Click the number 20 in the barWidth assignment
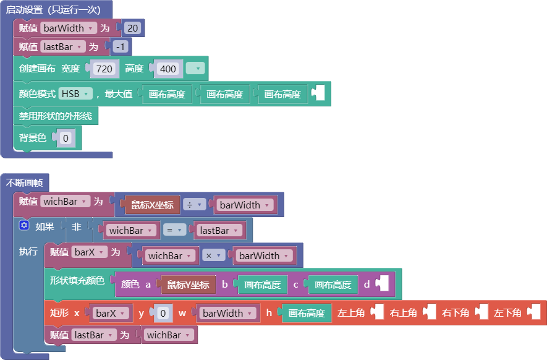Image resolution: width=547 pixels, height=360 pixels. (x=132, y=28)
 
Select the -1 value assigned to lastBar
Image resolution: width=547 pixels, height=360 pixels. (x=120, y=47)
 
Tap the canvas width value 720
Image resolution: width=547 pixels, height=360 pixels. (x=104, y=69)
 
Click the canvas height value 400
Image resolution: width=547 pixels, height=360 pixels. (x=167, y=69)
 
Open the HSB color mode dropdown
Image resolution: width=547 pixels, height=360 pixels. (x=75, y=93)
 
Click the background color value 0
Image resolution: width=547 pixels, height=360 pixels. (x=66, y=139)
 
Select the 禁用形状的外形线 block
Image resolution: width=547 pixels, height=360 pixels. (x=56, y=116)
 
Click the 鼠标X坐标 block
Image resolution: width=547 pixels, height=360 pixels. (x=152, y=205)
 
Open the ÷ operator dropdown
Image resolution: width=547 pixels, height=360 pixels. (x=194, y=205)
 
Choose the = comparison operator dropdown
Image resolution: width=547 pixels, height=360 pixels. (x=174, y=230)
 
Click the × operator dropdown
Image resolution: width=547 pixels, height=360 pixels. (x=213, y=255)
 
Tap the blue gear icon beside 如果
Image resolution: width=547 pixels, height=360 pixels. (x=23, y=225)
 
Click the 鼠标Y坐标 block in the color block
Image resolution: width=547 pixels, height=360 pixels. (x=188, y=285)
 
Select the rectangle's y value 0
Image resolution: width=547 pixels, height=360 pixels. (x=163, y=313)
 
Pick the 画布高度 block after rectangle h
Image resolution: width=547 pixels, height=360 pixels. (x=307, y=313)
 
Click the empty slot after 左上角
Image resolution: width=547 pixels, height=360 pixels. (x=378, y=312)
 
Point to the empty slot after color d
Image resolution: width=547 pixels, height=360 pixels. (x=383, y=283)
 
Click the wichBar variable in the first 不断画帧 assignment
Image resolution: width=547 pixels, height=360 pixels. (x=65, y=202)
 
